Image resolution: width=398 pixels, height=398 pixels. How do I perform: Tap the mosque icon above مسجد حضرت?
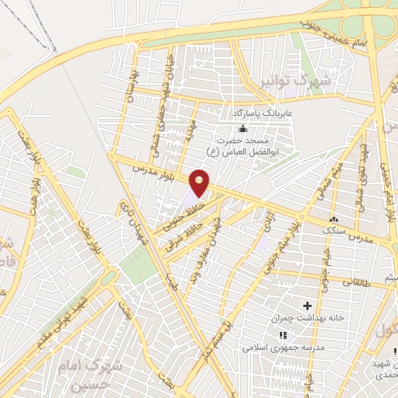(243, 128)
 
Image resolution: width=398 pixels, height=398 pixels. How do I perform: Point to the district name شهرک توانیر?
(305, 80)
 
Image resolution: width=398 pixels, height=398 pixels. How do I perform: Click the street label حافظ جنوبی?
(180, 215)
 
